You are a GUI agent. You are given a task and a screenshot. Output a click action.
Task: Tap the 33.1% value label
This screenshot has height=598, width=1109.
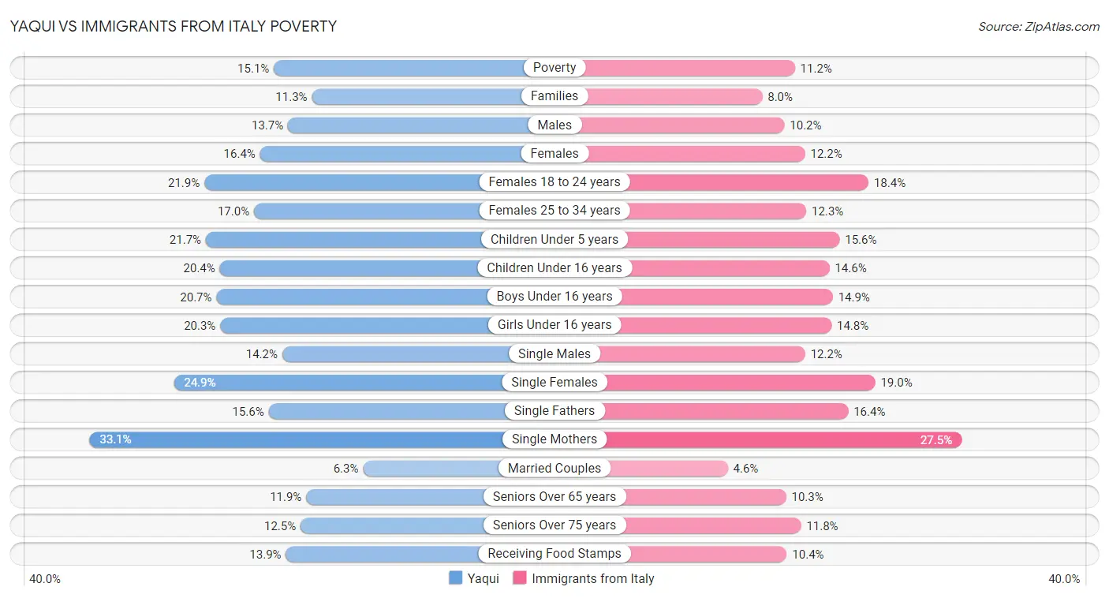click(x=115, y=439)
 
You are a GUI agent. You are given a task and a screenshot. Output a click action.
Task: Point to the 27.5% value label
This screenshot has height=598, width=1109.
click(x=936, y=439)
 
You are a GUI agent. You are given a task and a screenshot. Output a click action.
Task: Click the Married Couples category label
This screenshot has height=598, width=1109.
click(x=554, y=468)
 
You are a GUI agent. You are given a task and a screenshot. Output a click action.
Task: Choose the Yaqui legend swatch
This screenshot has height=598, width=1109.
click(x=455, y=578)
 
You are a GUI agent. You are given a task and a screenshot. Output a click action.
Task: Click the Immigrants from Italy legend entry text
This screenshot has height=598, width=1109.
click(x=593, y=578)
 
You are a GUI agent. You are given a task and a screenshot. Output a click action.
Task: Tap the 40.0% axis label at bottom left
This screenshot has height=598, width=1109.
click(x=45, y=578)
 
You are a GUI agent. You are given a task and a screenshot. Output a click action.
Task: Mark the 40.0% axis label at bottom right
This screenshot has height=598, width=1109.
click(x=1064, y=578)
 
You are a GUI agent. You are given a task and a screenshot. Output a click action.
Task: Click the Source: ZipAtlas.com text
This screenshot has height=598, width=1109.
click(x=1039, y=26)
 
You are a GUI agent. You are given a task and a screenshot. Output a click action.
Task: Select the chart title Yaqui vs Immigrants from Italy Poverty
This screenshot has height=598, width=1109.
click(x=174, y=26)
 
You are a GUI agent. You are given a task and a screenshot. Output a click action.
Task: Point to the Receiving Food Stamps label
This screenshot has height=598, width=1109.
click(x=554, y=554)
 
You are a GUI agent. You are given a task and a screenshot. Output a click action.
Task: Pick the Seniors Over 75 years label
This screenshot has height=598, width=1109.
click(x=554, y=525)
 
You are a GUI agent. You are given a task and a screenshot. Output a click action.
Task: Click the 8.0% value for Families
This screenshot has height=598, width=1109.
click(x=780, y=96)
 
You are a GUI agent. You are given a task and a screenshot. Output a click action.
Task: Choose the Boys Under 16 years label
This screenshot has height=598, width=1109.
click(x=554, y=297)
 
